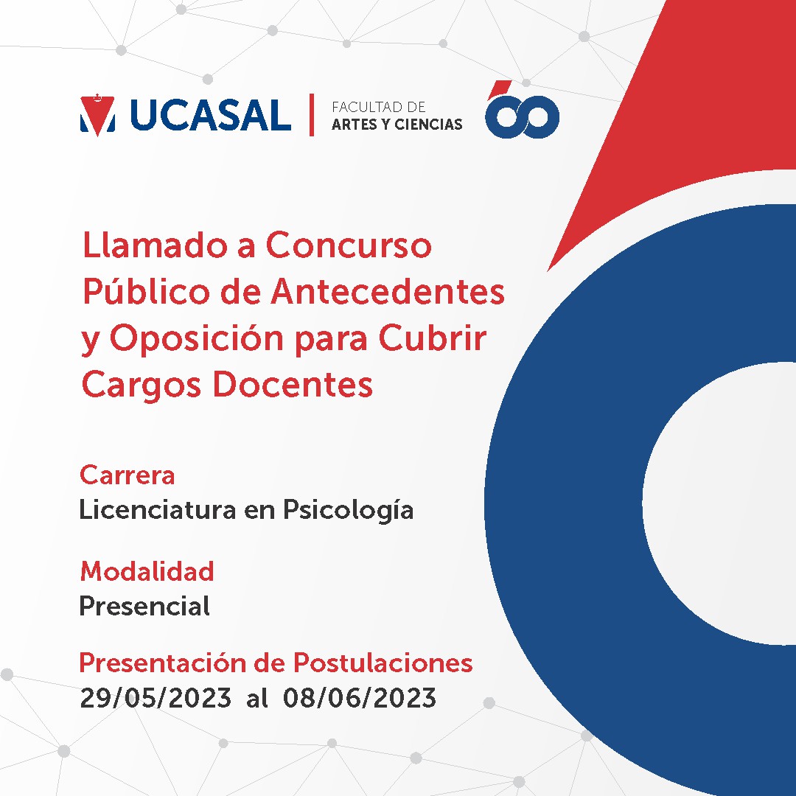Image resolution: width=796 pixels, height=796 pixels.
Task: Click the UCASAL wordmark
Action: pos(211,115)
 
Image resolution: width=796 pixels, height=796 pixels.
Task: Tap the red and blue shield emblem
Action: pos(97,115)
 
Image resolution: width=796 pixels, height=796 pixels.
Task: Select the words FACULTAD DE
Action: pos(378,107)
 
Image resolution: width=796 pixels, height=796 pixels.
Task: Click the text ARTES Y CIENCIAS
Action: pos(397,125)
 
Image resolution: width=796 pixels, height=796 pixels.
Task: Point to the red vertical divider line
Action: pos(312,115)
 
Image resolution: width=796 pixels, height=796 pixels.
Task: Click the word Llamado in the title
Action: pos(155,245)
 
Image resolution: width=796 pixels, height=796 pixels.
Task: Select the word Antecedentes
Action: pos(388,292)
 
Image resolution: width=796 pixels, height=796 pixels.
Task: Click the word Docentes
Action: pos(296,384)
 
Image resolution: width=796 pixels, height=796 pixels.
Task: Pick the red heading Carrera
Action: pos(128,475)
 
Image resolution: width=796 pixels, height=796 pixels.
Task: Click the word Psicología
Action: pos(348,511)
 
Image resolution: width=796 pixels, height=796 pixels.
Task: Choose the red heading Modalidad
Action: pos(147,572)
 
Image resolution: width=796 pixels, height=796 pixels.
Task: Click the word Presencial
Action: pos(144,606)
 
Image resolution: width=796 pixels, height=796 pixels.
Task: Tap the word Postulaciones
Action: pos(383,663)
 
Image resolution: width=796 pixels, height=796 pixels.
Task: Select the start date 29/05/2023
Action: pos(156,698)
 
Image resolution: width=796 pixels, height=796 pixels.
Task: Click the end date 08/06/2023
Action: pos(360,698)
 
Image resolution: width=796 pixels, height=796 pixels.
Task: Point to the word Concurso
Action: pos(349,245)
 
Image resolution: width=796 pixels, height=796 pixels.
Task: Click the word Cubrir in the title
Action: pos(433,338)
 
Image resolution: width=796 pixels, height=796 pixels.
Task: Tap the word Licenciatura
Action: pos(158,510)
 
